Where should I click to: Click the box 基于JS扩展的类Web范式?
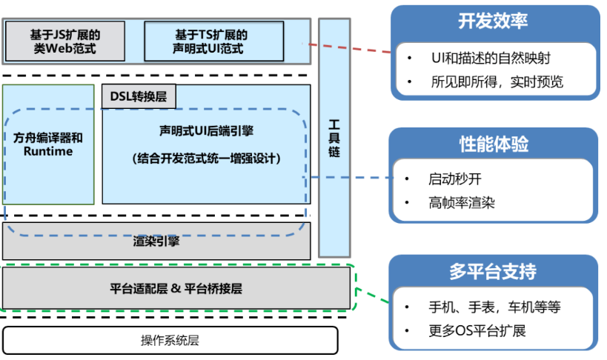(65, 41)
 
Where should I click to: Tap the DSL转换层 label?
(139, 96)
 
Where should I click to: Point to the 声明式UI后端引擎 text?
(206, 131)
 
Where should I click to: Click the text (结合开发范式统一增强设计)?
(206, 159)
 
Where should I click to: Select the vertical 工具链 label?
(334, 137)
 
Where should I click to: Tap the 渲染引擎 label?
(156, 241)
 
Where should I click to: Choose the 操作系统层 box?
(170, 341)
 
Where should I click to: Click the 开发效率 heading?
(494, 21)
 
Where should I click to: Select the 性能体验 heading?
(494, 144)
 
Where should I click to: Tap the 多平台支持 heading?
(494, 272)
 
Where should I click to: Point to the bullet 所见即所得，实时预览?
(497, 81)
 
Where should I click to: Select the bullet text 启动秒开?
(455, 179)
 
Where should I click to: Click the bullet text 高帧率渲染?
(461, 202)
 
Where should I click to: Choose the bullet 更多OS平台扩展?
(477, 330)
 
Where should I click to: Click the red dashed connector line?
(348, 48)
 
